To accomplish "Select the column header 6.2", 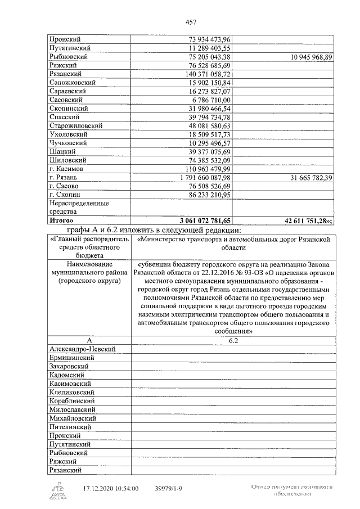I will point(231,341).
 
